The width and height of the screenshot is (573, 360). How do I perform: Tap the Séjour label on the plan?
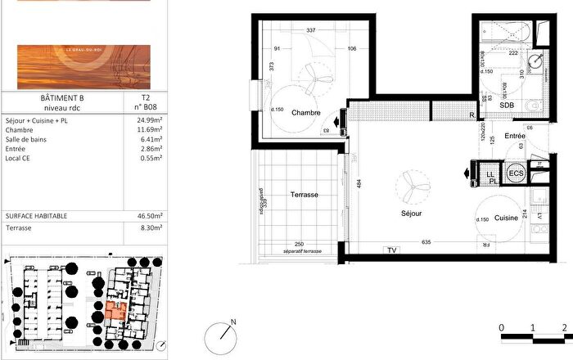tap(411, 212)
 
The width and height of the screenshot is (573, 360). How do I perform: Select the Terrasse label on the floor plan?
tap(304, 196)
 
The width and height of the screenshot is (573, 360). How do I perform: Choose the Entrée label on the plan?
tap(514, 136)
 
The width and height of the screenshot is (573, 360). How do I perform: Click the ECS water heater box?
tap(516, 173)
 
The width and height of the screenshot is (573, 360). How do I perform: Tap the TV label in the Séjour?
tap(391, 250)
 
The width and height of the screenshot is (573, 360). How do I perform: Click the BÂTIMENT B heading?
tap(63, 97)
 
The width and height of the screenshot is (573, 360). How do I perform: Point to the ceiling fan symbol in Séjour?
tap(409, 184)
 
